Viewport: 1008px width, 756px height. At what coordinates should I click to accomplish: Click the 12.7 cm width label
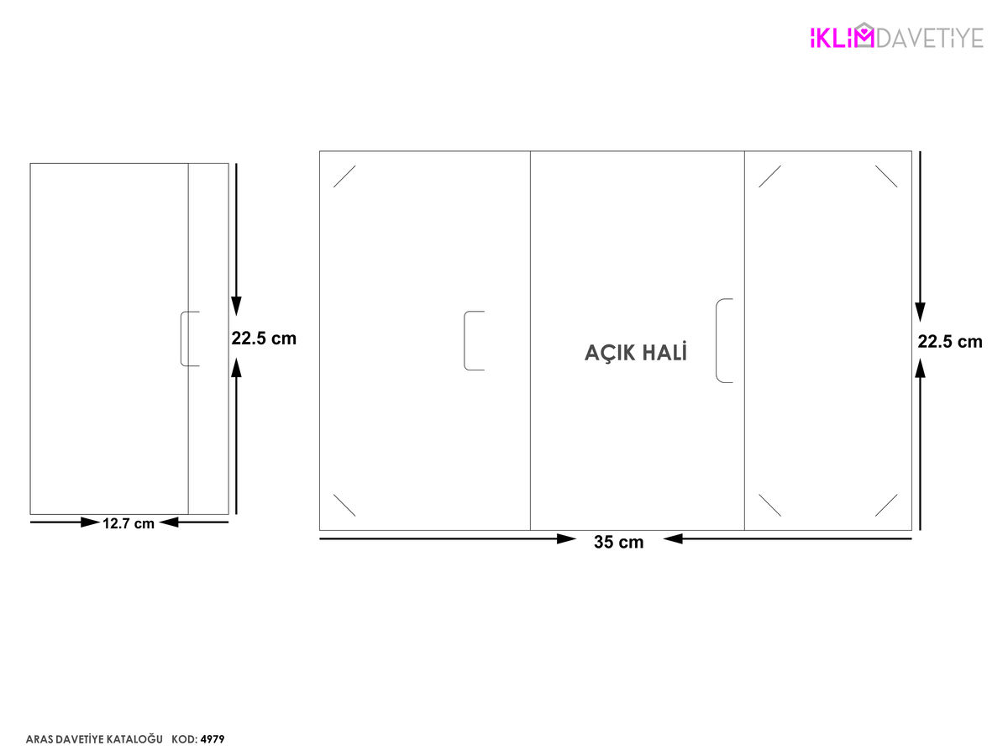(129, 523)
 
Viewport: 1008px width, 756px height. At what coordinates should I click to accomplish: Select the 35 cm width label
(618, 542)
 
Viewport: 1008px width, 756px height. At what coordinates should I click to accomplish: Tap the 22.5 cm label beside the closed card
(264, 339)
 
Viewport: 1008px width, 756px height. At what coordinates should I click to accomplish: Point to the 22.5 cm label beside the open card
(950, 342)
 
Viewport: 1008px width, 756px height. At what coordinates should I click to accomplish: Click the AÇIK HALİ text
(636, 353)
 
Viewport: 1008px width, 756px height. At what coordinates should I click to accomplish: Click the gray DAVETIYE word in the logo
(930, 38)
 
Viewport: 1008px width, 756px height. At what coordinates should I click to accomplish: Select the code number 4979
(213, 739)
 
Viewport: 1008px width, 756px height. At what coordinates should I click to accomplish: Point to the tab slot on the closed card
(181, 339)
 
